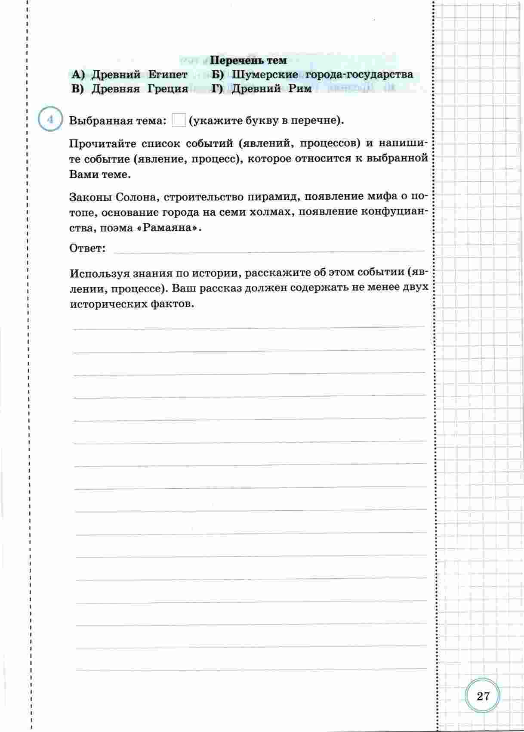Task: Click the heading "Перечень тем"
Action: tap(249, 60)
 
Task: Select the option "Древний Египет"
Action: tap(139, 75)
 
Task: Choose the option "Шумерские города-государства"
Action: tap(322, 74)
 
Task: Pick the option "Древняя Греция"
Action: tap(140, 89)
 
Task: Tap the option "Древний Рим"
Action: tap(271, 89)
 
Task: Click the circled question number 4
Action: tap(51, 120)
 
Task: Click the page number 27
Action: tap(483, 696)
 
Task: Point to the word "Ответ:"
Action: tap(87, 248)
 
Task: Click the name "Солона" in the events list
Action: tap(137, 197)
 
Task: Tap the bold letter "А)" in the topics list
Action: tap(78, 75)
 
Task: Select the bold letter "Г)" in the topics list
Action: tap(219, 89)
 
